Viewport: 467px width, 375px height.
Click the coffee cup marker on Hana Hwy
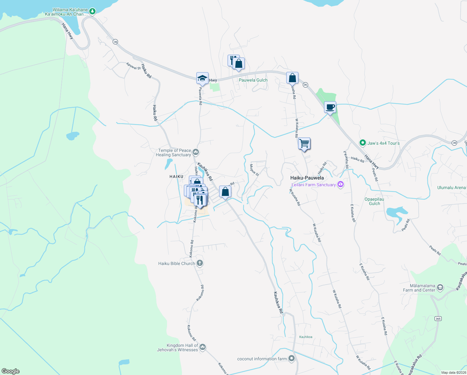click(330, 107)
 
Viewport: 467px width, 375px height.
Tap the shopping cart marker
click(304, 143)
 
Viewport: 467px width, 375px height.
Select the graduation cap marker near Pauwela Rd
click(202, 78)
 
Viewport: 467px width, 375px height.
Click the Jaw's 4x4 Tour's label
click(383, 143)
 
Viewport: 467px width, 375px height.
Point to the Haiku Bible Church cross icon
click(200, 263)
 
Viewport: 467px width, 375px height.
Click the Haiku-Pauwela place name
click(307, 178)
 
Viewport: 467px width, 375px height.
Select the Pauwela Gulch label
click(253, 80)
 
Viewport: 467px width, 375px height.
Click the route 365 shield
click(438, 319)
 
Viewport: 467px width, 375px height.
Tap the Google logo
click(11, 371)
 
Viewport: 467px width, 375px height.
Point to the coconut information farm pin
click(292, 358)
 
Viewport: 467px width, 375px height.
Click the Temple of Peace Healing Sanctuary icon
click(196, 152)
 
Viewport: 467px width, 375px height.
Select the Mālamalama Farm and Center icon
click(440, 287)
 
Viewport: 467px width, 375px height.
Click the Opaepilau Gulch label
click(374, 201)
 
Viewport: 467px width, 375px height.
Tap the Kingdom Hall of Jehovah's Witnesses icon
click(202, 347)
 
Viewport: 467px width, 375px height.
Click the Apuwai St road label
click(133, 66)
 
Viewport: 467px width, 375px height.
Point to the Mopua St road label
click(254, 170)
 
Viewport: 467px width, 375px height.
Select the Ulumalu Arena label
click(451, 188)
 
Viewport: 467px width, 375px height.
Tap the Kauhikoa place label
click(306, 337)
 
